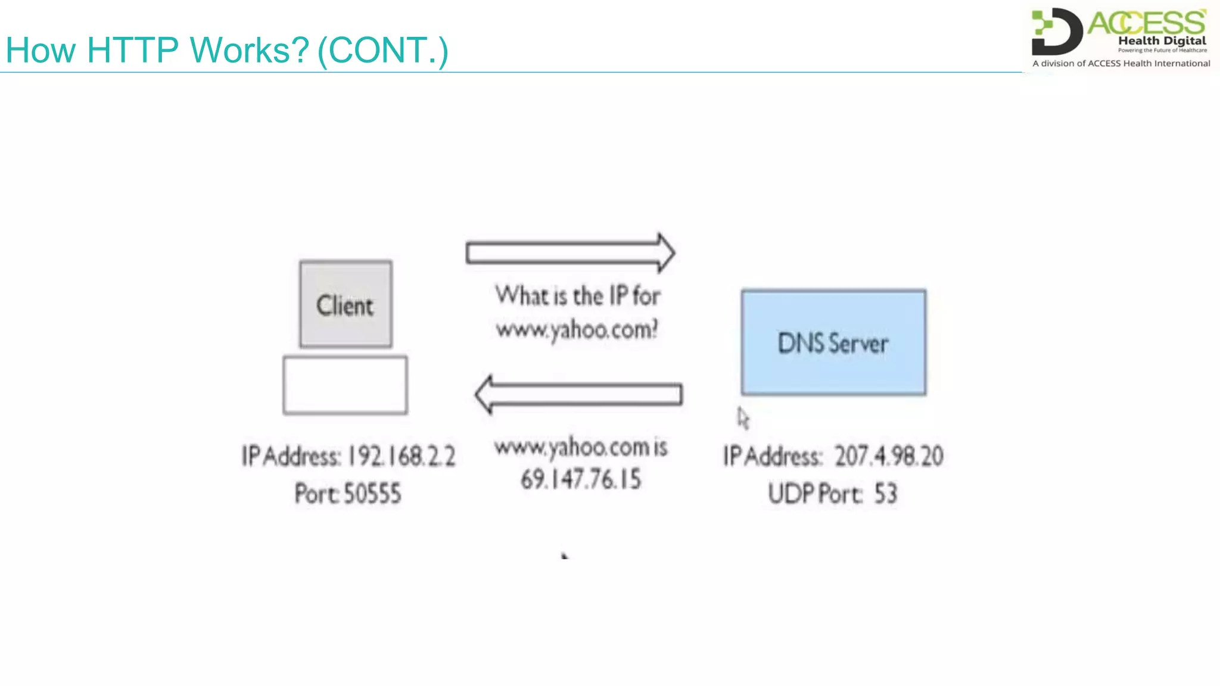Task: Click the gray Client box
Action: pos(346,304)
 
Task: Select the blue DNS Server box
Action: pos(833,342)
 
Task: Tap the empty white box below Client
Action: pos(345,385)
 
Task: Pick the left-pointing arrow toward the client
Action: pos(578,394)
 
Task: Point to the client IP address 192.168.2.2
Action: pos(402,457)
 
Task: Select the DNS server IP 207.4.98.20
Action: pos(888,457)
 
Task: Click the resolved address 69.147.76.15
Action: pos(581,479)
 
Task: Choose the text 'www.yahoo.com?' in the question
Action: pos(577,329)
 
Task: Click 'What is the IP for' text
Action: pos(578,296)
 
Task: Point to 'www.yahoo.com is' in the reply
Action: pos(581,447)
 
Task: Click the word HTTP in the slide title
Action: pos(132,50)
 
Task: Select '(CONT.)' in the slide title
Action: pos(383,51)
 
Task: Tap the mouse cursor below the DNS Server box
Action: pos(743,418)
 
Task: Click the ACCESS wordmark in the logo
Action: pos(1147,23)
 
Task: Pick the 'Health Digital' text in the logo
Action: pos(1162,40)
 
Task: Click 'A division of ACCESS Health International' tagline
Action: pos(1121,63)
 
